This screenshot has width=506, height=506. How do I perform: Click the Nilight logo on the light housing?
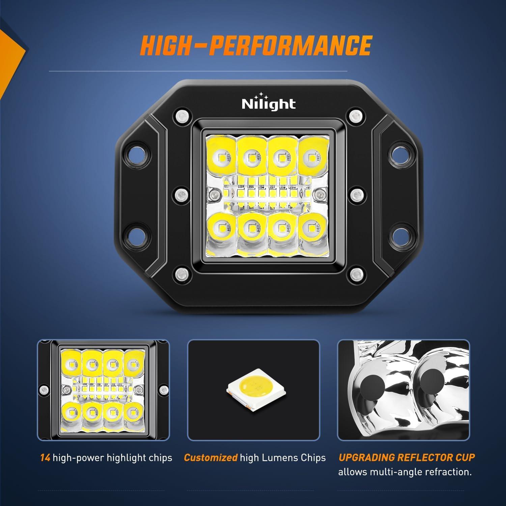[x=269, y=103]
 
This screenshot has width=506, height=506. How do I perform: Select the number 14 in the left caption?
[x=45, y=458]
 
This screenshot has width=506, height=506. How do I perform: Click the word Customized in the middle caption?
[x=210, y=458]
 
